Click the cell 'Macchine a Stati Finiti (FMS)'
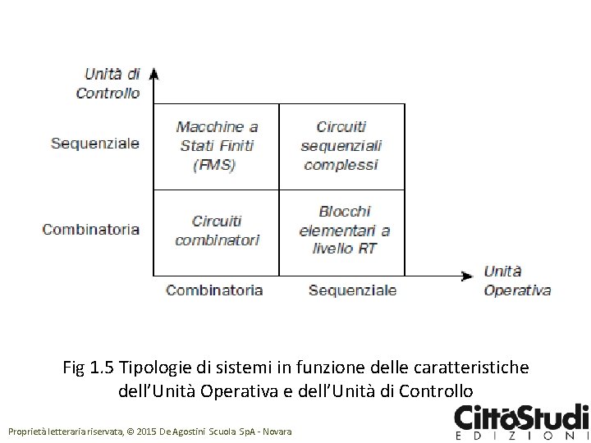pos(217,146)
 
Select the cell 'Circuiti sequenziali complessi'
pos(341,146)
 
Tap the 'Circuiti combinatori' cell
pos(217,231)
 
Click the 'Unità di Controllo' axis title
pos(108,84)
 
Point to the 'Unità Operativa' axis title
pos(516,281)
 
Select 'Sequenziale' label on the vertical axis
pos(95,144)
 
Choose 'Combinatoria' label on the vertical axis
pos(91,230)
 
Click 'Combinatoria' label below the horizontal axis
pos(214,290)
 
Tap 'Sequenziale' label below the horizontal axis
pos(352,290)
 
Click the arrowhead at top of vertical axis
pos(153,75)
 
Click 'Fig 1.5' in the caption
pos(89,367)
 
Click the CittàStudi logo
pos(520,419)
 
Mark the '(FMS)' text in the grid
pos(214,165)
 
